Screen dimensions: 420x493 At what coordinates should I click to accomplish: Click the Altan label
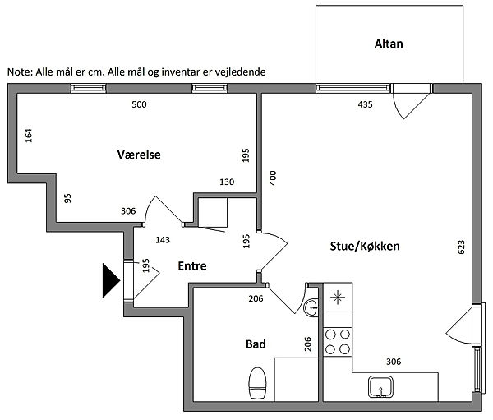click(389, 44)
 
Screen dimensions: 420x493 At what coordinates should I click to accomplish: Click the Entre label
click(192, 265)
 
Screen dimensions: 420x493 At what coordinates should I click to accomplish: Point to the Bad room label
click(255, 344)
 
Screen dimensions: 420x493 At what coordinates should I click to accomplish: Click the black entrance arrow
click(110, 280)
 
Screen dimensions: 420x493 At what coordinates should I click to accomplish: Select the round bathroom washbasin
click(310, 308)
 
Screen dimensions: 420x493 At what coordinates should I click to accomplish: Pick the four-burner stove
click(336, 342)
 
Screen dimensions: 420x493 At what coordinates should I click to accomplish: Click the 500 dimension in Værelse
click(140, 105)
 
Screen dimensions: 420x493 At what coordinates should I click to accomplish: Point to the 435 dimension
click(366, 105)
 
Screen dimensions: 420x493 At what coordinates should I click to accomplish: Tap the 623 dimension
click(462, 247)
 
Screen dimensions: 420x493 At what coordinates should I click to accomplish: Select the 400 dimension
click(273, 177)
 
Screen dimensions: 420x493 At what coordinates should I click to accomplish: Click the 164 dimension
click(30, 136)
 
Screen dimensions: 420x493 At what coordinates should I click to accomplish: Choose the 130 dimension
click(227, 182)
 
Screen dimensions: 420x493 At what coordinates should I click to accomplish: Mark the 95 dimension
click(67, 197)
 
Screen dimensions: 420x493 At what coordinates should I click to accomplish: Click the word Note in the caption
click(20, 72)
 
